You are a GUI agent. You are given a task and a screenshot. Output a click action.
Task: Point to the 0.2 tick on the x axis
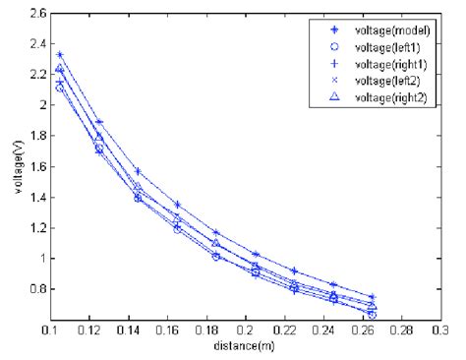[x=253, y=331]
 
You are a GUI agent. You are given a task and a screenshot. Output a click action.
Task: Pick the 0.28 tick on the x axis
[x=414, y=331]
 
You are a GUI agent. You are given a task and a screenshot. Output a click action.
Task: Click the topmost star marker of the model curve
[x=60, y=55]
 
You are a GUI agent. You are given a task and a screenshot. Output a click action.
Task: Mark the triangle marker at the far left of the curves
[x=60, y=68]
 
